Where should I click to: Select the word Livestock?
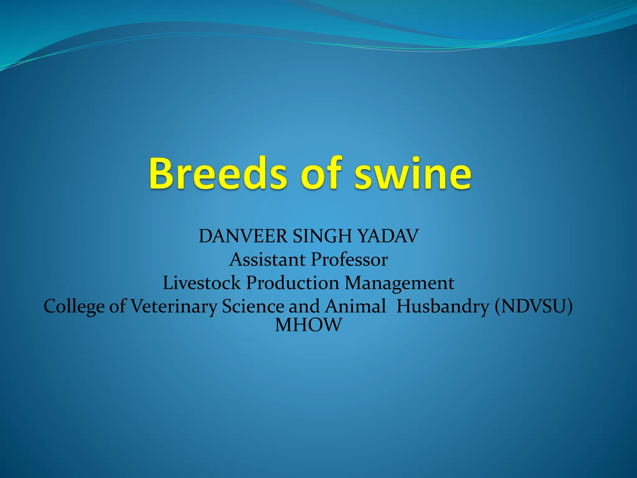tap(202, 283)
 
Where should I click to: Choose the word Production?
tap(292, 283)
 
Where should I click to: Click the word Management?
tap(399, 283)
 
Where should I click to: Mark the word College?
tap(74, 307)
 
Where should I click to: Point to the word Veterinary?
tap(174, 307)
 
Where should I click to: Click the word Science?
tap(253, 306)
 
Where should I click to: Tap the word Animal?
tap(355, 306)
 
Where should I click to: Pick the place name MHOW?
tap(309, 325)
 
